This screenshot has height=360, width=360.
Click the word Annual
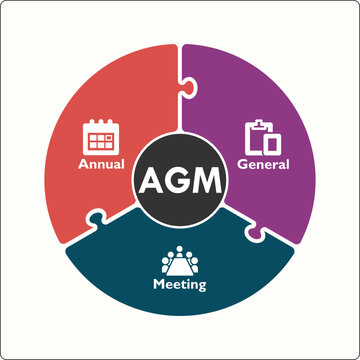(101, 162)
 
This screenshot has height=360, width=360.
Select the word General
(263, 163)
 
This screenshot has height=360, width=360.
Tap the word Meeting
(179, 285)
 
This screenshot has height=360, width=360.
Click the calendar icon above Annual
(101, 135)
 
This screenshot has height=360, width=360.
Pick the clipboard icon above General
(262, 136)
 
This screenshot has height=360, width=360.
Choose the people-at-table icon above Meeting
(180, 260)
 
